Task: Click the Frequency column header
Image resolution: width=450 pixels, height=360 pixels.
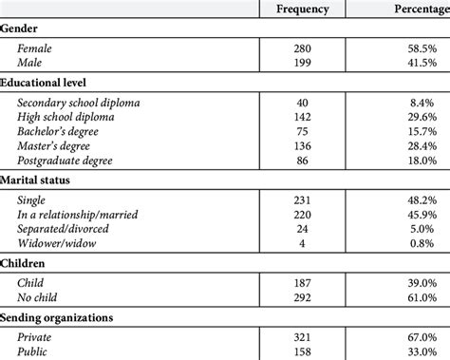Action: coord(303,9)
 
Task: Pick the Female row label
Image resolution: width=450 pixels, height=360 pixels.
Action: coord(34,47)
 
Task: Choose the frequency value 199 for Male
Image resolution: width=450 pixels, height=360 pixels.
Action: coord(303,62)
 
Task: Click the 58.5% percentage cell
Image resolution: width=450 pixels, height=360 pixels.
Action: coord(418,47)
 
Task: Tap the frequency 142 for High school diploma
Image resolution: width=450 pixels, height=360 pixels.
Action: coord(303,117)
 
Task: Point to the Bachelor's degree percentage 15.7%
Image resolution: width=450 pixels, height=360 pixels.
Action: coord(418,132)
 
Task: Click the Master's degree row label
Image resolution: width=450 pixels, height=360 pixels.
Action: coord(55,147)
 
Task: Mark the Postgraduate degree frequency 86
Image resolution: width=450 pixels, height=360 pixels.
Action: coord(303,162)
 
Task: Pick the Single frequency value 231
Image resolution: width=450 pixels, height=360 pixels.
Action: coord(303,199)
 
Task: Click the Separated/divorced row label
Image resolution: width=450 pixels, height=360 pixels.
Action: coord(63,230)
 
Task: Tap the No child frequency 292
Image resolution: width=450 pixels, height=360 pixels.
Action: coord(303,297)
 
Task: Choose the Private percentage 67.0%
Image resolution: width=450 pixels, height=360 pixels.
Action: coord(418,336)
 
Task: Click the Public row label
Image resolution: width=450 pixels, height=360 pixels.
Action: coord(33,351)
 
